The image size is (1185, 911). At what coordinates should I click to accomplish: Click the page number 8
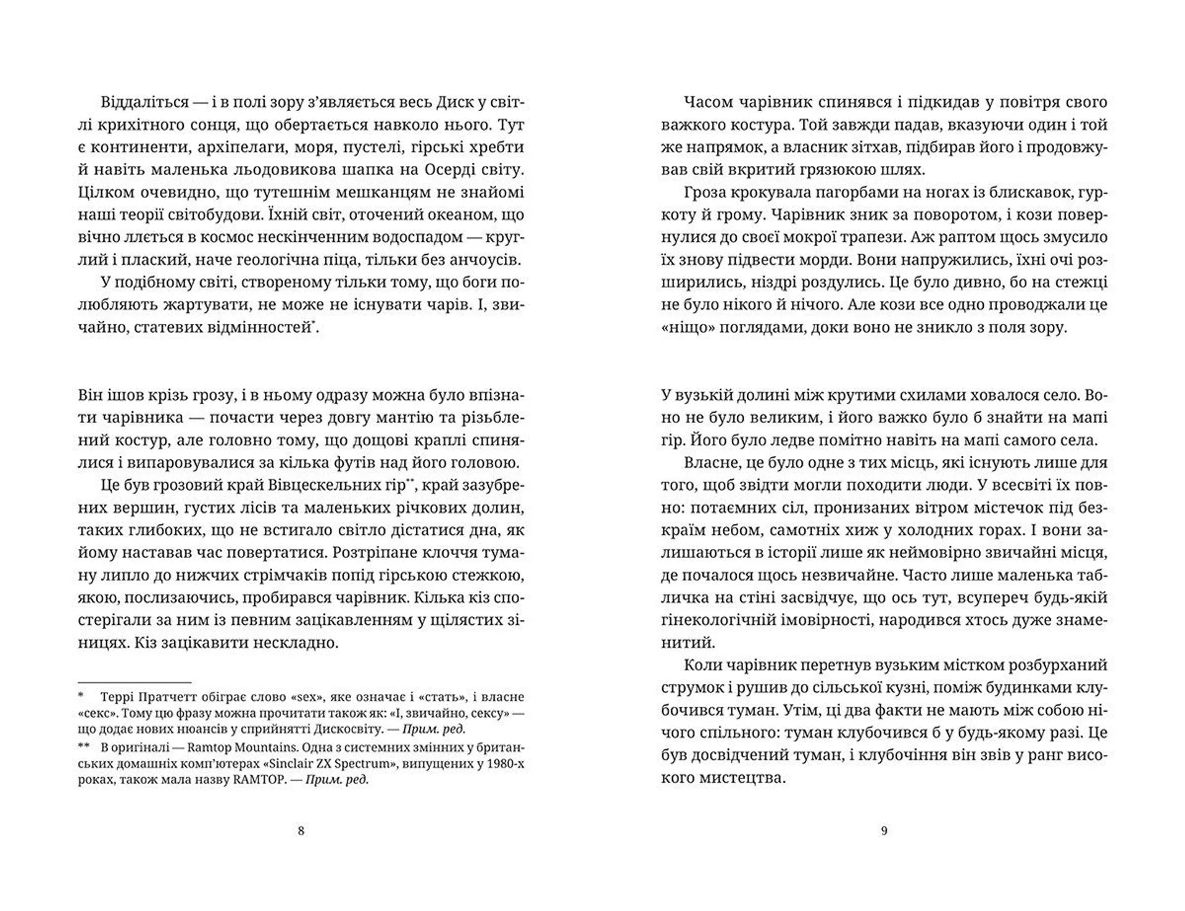click(301, 831)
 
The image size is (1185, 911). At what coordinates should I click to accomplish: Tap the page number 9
click(884, 831)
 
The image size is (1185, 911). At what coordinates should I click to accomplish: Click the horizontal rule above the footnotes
click(135, 682)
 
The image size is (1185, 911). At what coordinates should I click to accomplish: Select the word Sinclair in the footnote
click(297, 763)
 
